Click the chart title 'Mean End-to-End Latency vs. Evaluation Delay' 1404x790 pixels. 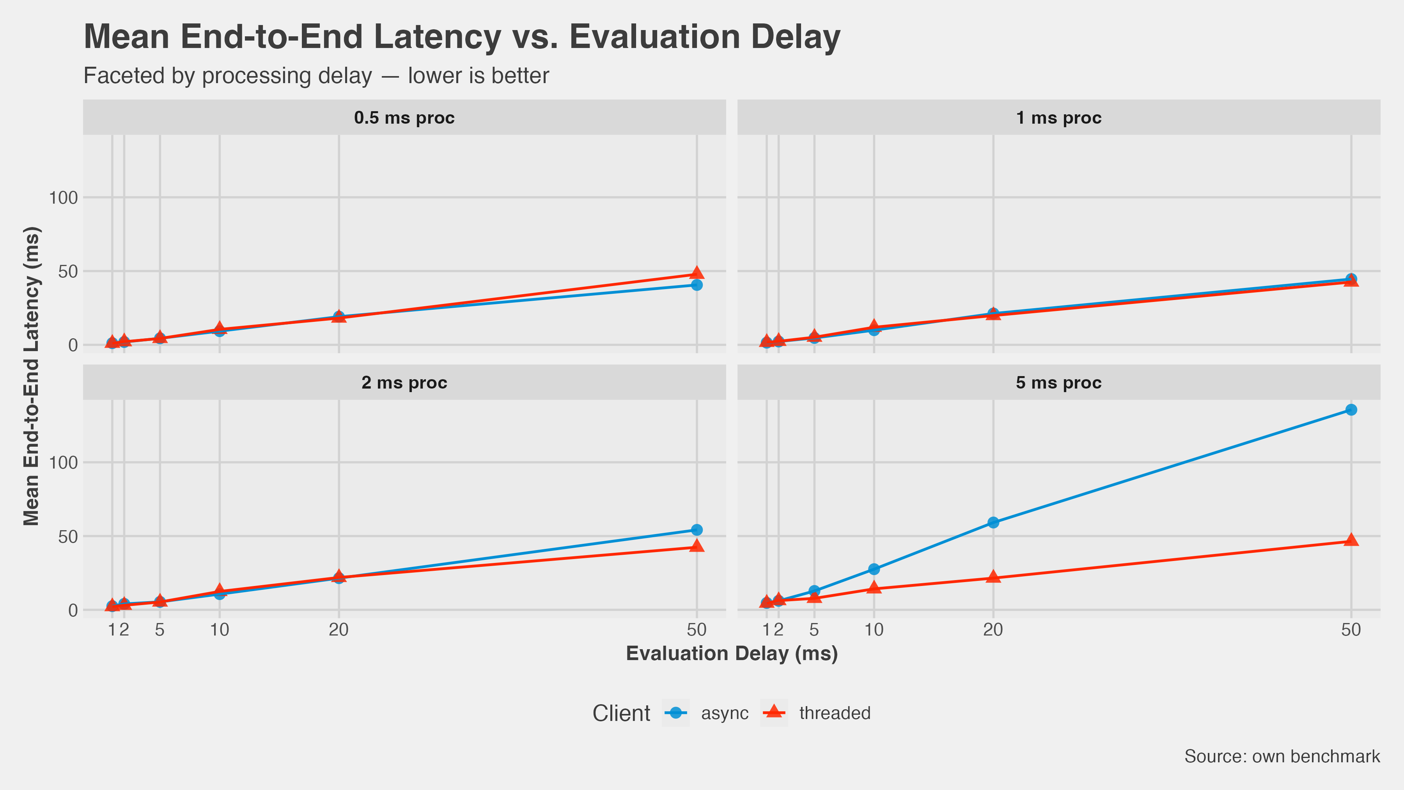[x=462, y=37]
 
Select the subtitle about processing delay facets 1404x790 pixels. [x=316, y=76]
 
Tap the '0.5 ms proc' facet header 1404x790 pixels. [x=404, y=118]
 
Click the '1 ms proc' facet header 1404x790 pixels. [x=1058, y=118]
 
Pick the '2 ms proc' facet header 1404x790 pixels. [x=404, y=383]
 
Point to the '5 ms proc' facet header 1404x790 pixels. [x=1058, y=383]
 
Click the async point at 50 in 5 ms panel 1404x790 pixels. [x=1351, y=410]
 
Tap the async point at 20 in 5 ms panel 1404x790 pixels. [x=993, y=522]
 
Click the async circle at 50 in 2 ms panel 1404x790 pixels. [x=697, y=530]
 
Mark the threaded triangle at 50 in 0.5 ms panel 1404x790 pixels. [x=697, y=273]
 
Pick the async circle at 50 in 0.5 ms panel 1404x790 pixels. [x=697, y=285]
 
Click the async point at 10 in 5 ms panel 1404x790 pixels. [x=874, y=569]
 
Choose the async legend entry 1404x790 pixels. [x=706, y=713]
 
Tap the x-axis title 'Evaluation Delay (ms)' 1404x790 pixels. [x=731, y=653]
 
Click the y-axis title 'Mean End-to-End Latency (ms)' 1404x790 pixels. [x=32, y=376]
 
